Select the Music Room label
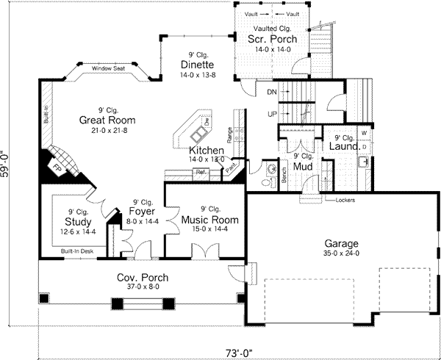(201, 219)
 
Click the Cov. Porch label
(143, 277)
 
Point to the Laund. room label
(345, 147)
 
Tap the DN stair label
(272, 92)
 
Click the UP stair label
(272, 115)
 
